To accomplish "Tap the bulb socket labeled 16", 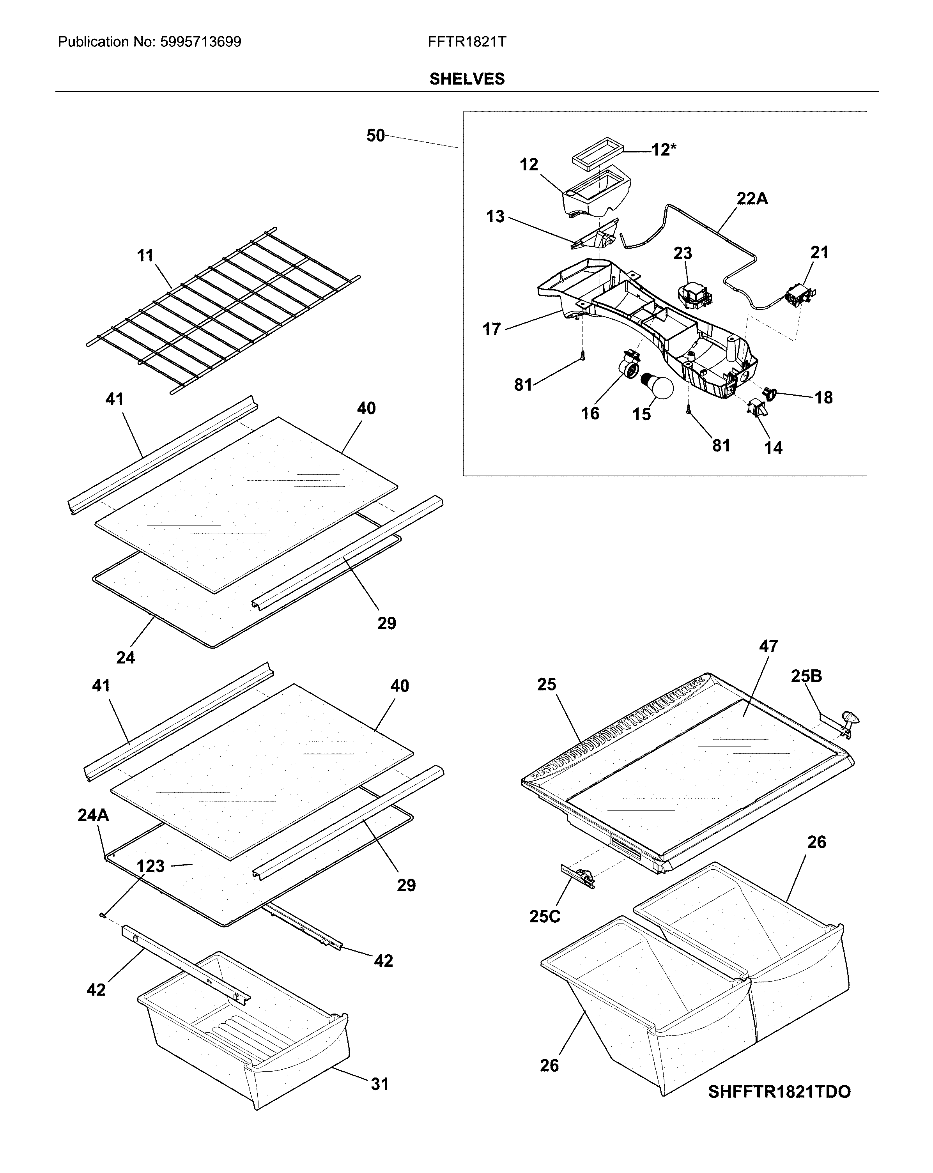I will pyautogui.click(x=630, y=368).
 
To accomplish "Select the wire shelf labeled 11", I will pyautogui.click(x=223, y=310).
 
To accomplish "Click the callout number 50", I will pyautogui.click(x=375, y=136).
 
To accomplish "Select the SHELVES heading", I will pyautogui.click(x=467, y=79).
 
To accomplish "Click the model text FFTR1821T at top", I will pyautogui.click(x=467, y=42).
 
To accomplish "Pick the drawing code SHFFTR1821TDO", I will pyautogui.click(x=779, y=1102).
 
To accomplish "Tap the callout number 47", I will pyautogui.click(x=768, y=646).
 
